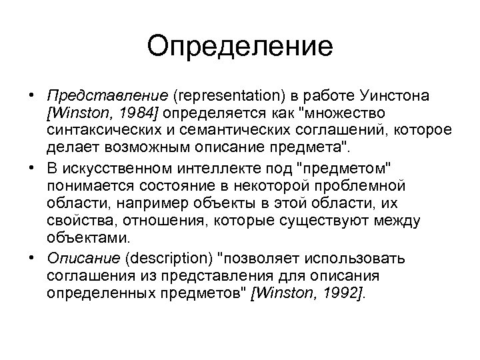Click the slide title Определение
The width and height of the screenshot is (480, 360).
click(x=240, y=47)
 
